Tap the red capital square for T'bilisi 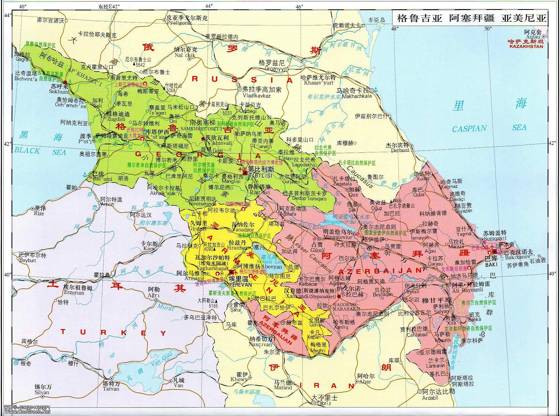(245, 173)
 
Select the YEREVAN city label (240, 284)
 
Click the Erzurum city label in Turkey (73, 293)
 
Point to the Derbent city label (400, 151)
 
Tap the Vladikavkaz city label (256, 95)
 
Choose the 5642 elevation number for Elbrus (141, 65)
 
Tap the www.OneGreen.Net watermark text (27, 411)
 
